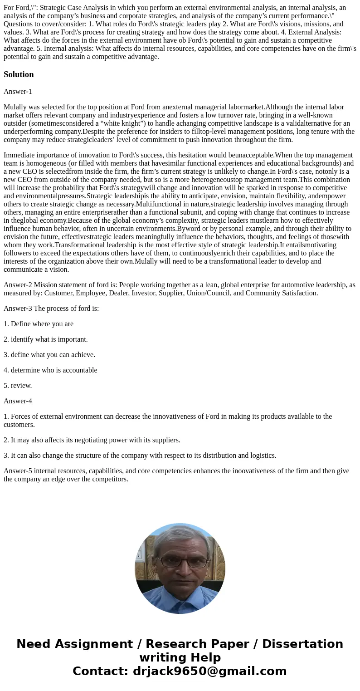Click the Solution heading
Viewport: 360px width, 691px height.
pos(19,74)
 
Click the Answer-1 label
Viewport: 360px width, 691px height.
pos(18,91)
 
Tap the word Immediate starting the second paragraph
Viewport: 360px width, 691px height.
pos(19,155)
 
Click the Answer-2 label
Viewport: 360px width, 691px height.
pos(18,285)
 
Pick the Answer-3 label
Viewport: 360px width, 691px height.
pos(18,309)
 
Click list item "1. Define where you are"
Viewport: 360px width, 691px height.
pos(39,324)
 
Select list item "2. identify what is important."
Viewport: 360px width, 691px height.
pos(46,339)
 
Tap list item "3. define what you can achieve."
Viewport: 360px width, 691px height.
pos(49,355)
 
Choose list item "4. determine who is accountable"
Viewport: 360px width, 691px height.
pos(50,370)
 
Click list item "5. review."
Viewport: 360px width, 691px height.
pos(18,386)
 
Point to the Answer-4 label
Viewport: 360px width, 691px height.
pos(18,401)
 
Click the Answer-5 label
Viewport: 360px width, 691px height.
pos(18,471)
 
